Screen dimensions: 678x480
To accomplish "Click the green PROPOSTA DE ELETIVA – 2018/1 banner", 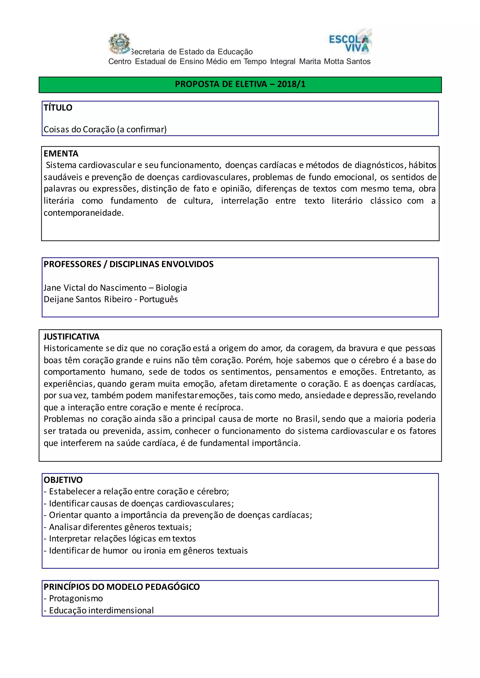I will pos(240,85).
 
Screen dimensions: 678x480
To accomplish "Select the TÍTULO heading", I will pos(58,107).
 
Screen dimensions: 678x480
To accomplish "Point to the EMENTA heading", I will pos(61,154).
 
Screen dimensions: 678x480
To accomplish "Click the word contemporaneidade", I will pos(83,213).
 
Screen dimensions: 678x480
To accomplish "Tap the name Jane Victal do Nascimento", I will pos(95,288).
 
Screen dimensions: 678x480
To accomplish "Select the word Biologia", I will pos(171,288).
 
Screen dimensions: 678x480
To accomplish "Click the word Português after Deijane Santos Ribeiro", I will pos(158,299).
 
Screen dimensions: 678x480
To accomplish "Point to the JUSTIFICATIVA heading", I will pos(71,337).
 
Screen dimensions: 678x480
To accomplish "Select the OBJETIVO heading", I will pos(63,480).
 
